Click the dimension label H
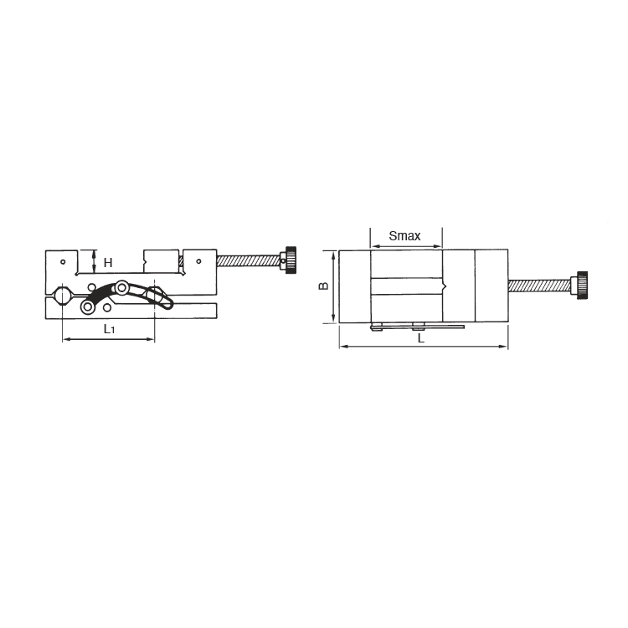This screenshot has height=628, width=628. (108, 263)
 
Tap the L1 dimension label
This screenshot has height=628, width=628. (110, 329)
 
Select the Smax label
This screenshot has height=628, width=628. (404, 236)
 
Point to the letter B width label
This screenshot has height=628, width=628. (323, 286)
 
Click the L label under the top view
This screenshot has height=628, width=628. (421, 338)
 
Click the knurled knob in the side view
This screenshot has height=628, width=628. (291, 260)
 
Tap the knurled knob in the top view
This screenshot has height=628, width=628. (582, 286)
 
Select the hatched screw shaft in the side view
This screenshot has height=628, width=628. (249, 261)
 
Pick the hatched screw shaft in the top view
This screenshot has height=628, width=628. (539, 286)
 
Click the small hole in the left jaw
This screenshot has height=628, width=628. (63, 262)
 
